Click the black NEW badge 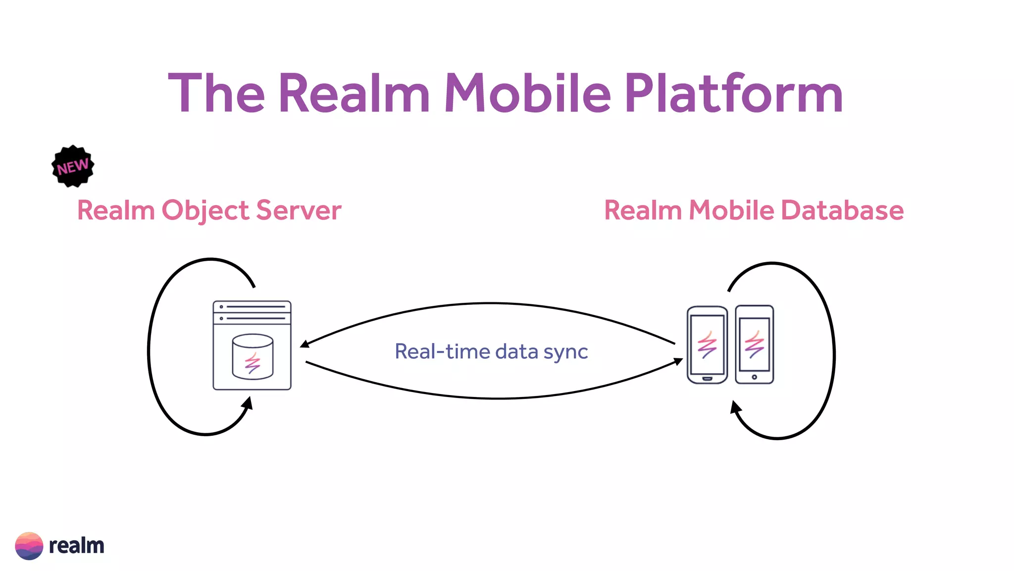tap(73, 166)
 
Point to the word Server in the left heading tap(299, 210)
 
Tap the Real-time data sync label tap(491, 351)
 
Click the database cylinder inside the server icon tap(253, 356)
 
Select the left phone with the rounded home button tap(707, 345)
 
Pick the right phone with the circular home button tap(754, 345)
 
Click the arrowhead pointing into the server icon tap(304, 343)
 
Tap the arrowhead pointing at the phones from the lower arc tap(679, 362)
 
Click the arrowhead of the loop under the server tap(248, 402)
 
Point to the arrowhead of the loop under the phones tap(736, 407)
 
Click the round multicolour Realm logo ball tap(29, 546)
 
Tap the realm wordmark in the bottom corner tap(76, 546)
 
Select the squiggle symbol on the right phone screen tap(754, 345)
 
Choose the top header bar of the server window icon tap(252, 307)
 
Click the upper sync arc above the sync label tap(490, 303)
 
